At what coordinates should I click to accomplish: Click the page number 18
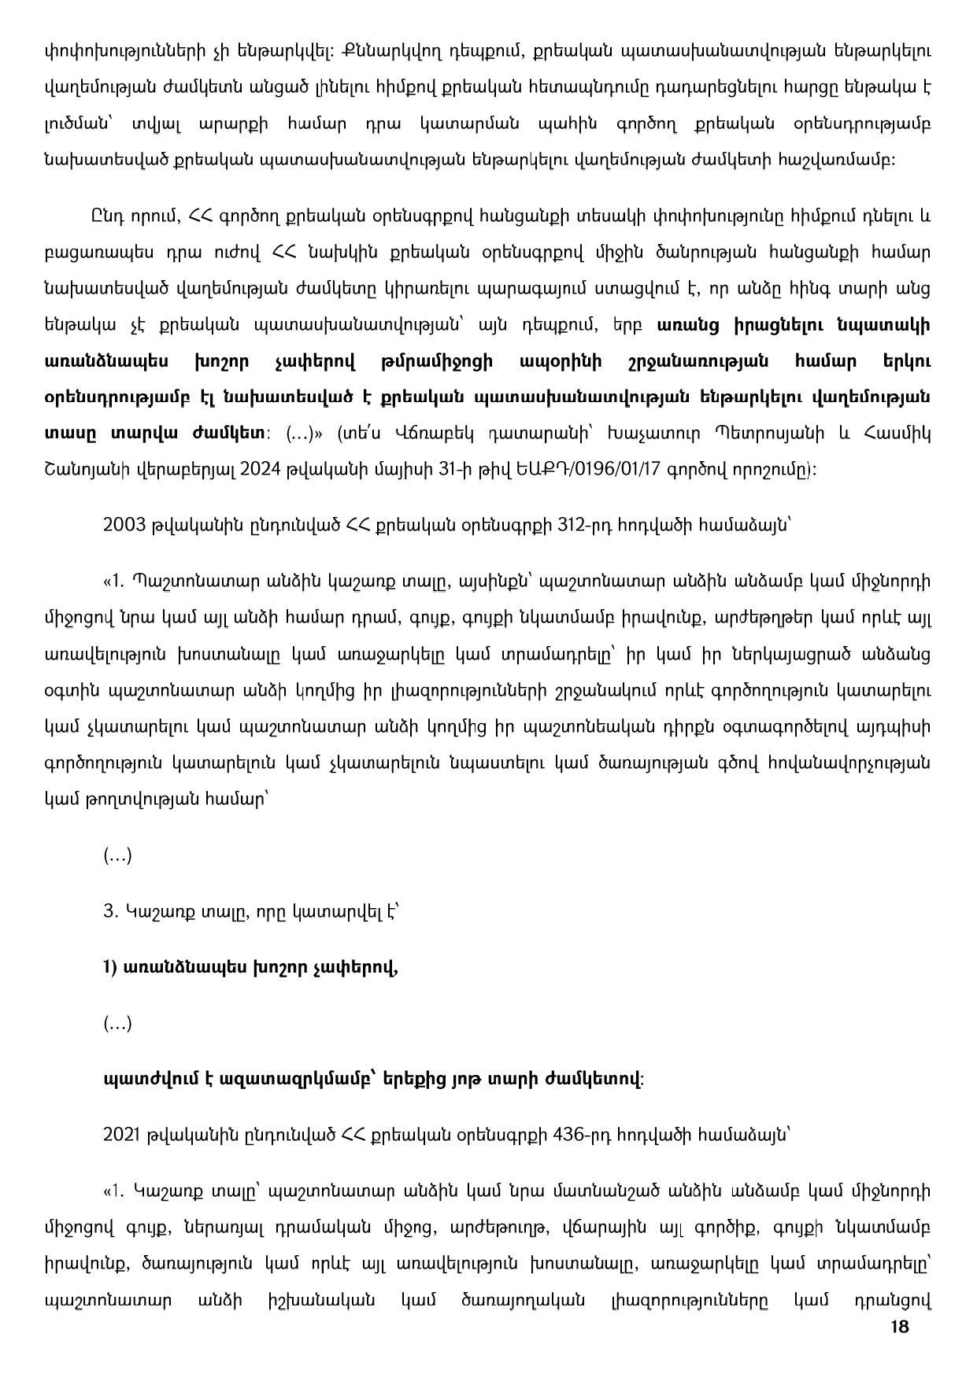[900, 1327]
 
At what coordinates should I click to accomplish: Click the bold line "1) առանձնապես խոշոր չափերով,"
[250, 967]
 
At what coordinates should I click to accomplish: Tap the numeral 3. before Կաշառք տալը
[109, 911]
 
